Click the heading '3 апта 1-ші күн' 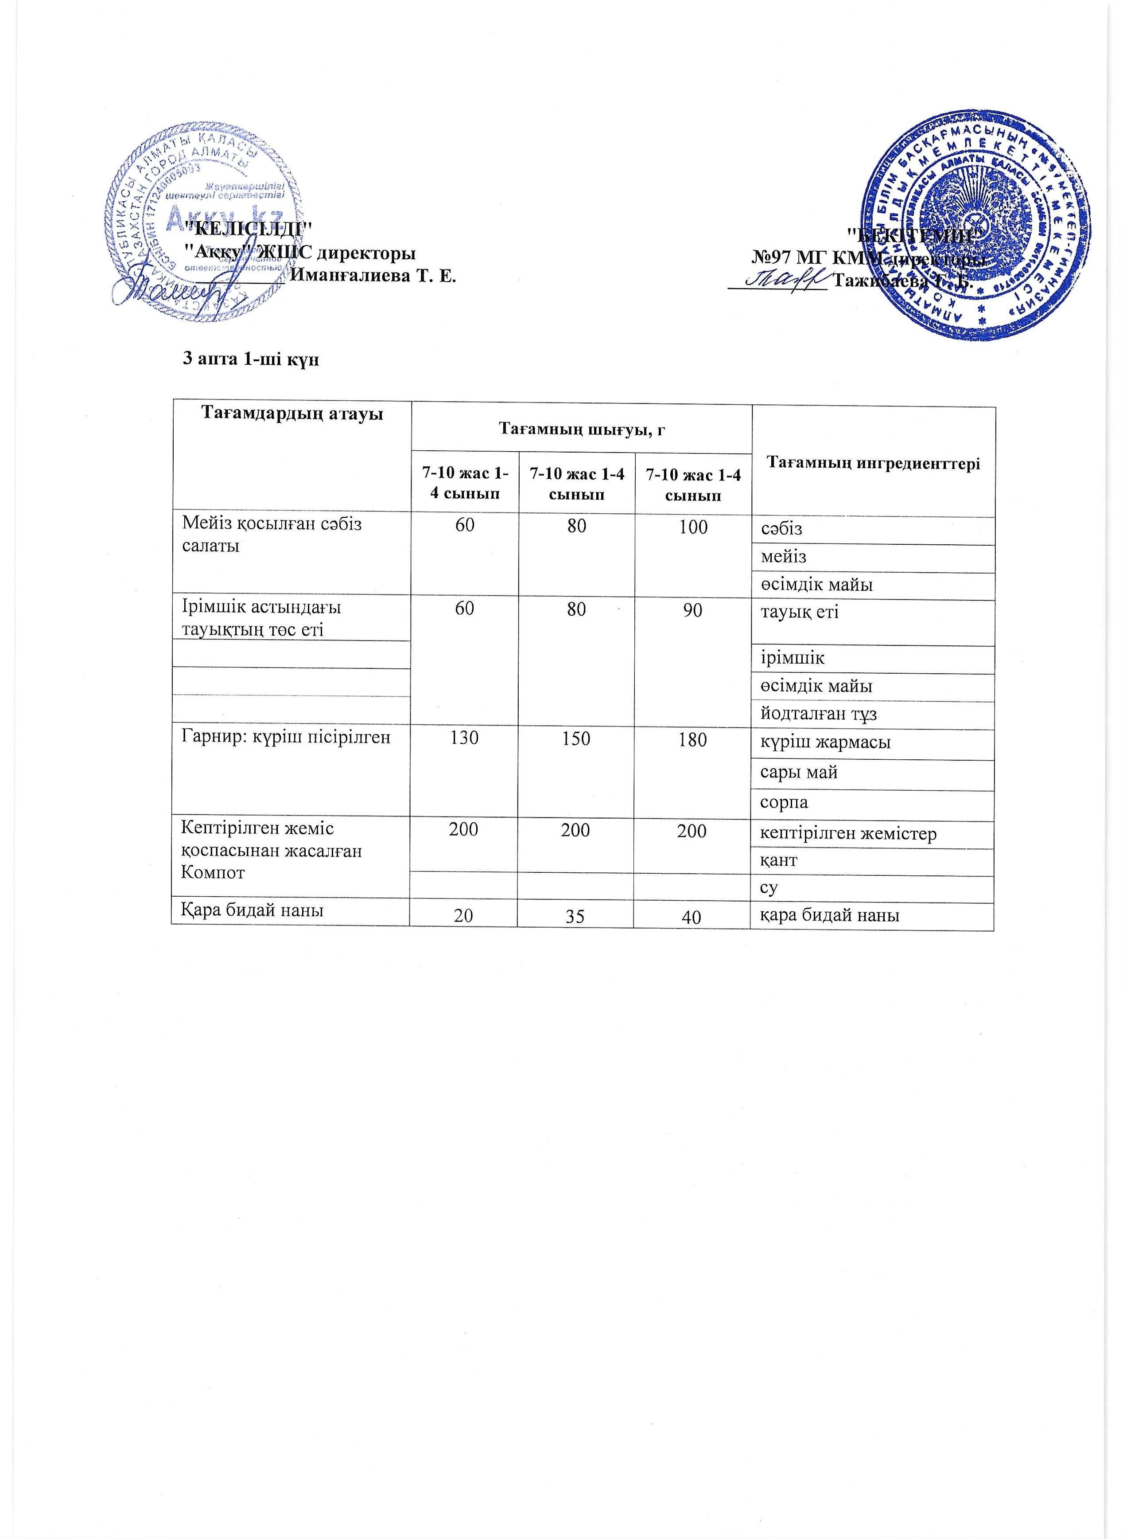pyautogui.click(x=252, y=359)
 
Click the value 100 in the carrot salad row pyautogui.click(x=693, y=527)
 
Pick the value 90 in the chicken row pyautogui.click(x=693, y=610)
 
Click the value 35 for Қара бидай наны pyautogui.click(x=575, y=917)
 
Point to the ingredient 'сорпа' pyautogui.click(x=785, y=803)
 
